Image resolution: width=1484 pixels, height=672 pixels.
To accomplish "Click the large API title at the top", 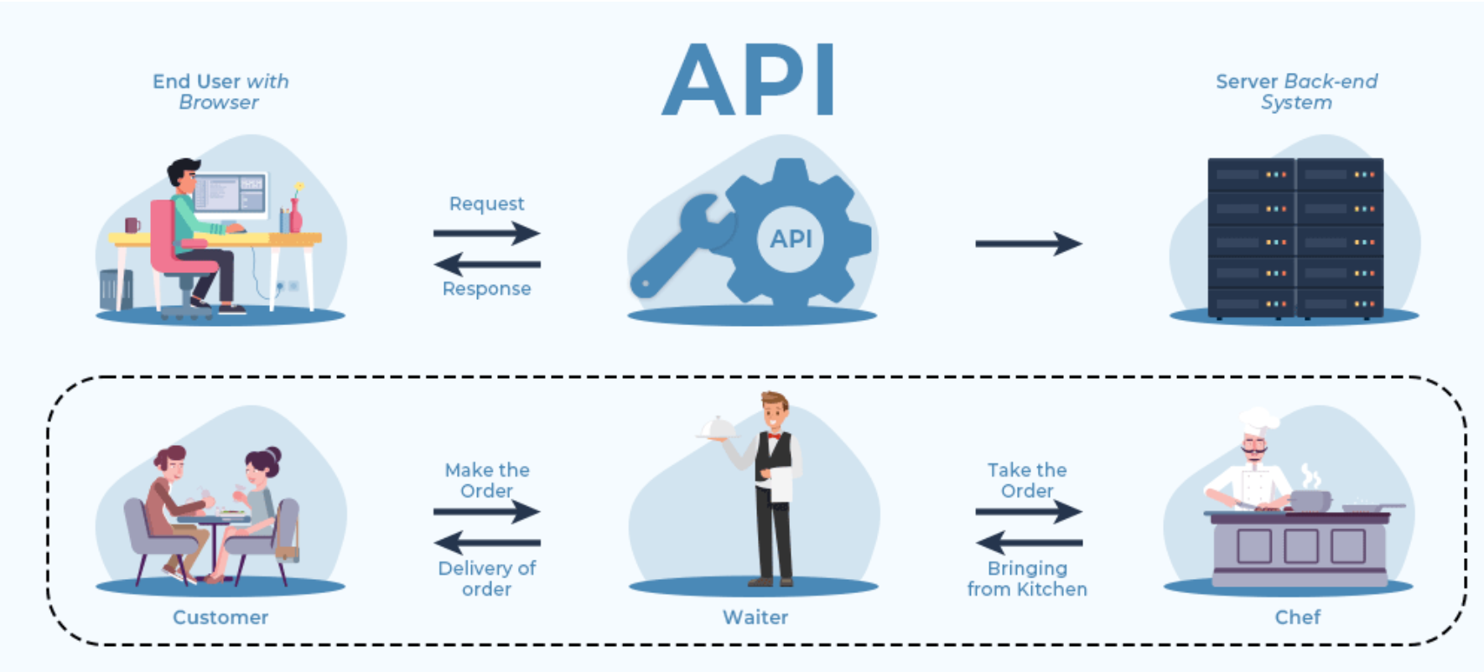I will pos(749,80).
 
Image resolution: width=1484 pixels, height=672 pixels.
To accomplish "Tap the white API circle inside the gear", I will pos(791,239).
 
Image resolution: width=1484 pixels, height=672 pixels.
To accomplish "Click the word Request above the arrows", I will pos(486,204).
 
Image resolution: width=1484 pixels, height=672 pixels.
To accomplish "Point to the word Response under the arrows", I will pos(486,288).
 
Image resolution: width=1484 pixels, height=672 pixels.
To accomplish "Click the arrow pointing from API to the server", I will pos(1028,244).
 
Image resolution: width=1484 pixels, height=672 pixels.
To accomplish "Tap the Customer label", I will pos(221,618).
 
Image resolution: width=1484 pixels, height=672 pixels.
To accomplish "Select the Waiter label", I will pos(755,618).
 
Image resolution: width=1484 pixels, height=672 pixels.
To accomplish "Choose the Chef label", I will pos(1297,618).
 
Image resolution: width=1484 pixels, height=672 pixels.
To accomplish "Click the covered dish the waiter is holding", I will pos(716,428).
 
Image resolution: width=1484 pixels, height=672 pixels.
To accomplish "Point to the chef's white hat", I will pos(1258,418).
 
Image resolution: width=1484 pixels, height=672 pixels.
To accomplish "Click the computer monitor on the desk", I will pos(231,194).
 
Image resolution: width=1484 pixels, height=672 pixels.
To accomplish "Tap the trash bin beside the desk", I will pos(114,290).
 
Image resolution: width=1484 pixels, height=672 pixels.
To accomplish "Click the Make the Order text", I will pos(487,480).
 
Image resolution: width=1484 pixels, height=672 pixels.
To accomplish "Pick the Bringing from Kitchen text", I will pos(1027,578).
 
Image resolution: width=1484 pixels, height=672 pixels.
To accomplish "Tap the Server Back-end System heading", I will pos(1296,91).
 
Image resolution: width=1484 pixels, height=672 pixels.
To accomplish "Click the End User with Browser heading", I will pos(220,91).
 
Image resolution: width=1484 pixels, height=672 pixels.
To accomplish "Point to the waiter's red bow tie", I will pos(773,436).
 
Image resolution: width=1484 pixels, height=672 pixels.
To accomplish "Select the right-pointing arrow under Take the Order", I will pos(1029,511).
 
